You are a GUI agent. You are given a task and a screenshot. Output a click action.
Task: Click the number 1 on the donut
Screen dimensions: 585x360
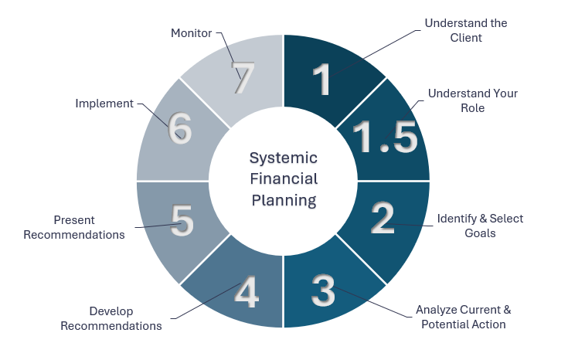tap(322, 79)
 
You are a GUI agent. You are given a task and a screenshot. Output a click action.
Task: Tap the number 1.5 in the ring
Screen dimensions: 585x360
tap(384, 137)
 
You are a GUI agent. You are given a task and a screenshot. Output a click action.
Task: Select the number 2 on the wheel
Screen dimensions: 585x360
tap(382, 218)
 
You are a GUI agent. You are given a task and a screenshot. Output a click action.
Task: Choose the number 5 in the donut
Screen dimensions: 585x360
tap(182, 220)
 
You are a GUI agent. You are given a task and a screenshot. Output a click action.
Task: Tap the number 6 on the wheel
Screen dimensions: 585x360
tap(180, 128)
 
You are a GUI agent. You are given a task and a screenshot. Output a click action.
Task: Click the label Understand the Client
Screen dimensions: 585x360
tap(465, 30)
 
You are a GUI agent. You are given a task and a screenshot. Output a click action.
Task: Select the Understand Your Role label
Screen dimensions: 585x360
tap(473, 100)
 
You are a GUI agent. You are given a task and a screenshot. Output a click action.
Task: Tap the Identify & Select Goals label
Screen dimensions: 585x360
tap(480, 225)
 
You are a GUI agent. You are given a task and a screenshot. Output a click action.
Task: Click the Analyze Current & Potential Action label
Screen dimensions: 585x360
tap(464, 317)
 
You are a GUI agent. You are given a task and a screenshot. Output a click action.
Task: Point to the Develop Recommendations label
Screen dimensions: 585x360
tap(111, 318)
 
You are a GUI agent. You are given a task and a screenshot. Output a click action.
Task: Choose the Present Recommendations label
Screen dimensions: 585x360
tap(74, 227)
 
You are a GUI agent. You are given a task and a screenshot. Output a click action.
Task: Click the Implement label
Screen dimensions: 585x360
tap(104, 103)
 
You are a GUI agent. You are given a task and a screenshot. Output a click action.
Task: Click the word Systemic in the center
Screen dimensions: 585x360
tap(283, 158)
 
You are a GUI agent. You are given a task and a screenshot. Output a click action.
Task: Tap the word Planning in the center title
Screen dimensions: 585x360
tap(283, 201)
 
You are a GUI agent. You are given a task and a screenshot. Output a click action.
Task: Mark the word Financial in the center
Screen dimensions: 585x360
tap(283, 179)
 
